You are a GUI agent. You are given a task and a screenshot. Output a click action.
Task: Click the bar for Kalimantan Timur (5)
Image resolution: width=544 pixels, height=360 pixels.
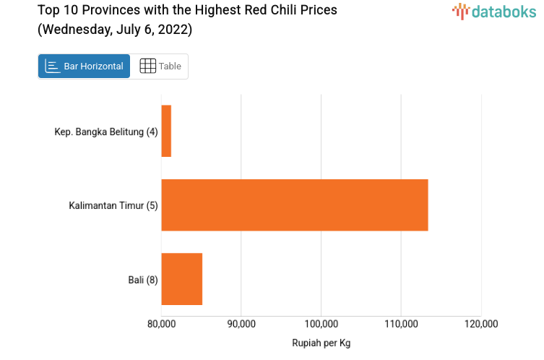[295, 205]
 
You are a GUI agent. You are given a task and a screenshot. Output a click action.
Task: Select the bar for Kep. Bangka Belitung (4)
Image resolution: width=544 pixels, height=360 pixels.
[166, 131]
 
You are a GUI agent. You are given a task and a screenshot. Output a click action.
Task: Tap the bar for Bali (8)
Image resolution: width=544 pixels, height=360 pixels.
[181, 279]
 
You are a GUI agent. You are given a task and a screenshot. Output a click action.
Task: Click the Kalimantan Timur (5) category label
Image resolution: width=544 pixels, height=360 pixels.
[113, 205]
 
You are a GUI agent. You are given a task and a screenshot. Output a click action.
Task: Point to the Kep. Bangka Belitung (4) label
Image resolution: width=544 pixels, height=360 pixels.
[106, 132]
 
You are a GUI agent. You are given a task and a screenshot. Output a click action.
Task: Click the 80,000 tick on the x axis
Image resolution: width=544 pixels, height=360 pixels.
[161, 324]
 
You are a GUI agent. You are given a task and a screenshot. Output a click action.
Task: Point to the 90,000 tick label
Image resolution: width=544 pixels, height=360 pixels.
[241, 324]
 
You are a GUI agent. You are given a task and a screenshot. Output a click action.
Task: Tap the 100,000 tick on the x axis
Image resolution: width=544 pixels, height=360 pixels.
[321, 324]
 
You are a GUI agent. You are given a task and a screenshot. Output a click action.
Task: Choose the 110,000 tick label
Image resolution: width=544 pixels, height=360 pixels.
[402, 324]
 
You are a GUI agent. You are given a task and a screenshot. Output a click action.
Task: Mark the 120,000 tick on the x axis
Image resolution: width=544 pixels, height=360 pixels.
[481, 324]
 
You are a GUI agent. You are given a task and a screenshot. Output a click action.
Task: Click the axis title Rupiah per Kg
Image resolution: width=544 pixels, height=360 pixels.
[321, 343]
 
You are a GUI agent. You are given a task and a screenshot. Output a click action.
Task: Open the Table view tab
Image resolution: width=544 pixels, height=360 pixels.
[160, 67]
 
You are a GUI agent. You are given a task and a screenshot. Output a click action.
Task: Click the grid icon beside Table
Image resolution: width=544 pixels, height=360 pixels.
[147, 67]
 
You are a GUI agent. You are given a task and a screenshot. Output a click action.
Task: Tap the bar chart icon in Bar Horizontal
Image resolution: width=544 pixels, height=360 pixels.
[52, 67]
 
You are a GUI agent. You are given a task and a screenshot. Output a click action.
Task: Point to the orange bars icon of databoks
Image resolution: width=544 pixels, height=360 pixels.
[460, 11]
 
